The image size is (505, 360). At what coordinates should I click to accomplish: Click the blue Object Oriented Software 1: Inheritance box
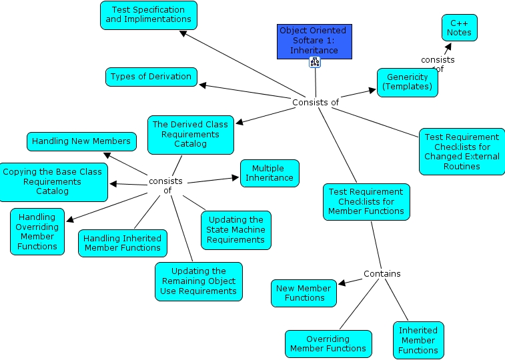tap(314, 41)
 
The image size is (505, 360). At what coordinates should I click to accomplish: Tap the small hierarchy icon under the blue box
tap(315, 62)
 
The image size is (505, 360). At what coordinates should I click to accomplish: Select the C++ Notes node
tap(459, 28)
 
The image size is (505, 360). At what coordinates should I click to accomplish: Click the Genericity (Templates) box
tap(408, 83)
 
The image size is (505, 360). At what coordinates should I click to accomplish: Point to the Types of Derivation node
tap(151, 77)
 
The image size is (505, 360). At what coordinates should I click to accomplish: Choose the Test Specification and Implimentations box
tap(149, 15)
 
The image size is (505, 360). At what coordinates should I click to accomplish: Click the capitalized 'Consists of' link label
tap(316, 102)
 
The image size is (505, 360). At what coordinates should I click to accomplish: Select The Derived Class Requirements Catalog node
tap(190, 135)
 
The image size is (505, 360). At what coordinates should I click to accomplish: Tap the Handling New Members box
tap(81, 141)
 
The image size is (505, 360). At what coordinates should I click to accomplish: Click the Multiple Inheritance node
tap(270, 173)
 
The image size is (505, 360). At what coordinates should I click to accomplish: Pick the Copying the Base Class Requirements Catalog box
tap(53, 182)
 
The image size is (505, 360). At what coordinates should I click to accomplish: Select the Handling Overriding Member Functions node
tap(37, 231)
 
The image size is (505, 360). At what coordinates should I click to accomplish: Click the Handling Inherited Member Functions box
tap(122, 243)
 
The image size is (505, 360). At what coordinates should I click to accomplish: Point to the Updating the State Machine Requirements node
tap(235, 230)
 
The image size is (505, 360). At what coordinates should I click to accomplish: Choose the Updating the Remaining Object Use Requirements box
tap(198, 281)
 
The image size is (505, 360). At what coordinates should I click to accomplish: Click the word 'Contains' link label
tap(382, 274)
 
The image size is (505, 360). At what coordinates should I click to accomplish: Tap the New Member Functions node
tap(304, 293)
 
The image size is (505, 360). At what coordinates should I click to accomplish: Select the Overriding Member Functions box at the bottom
tap(328, 344)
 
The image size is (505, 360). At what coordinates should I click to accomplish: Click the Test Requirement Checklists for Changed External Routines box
tap(462, 151)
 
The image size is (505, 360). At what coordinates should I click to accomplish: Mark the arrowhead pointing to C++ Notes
tap(448, 47)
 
